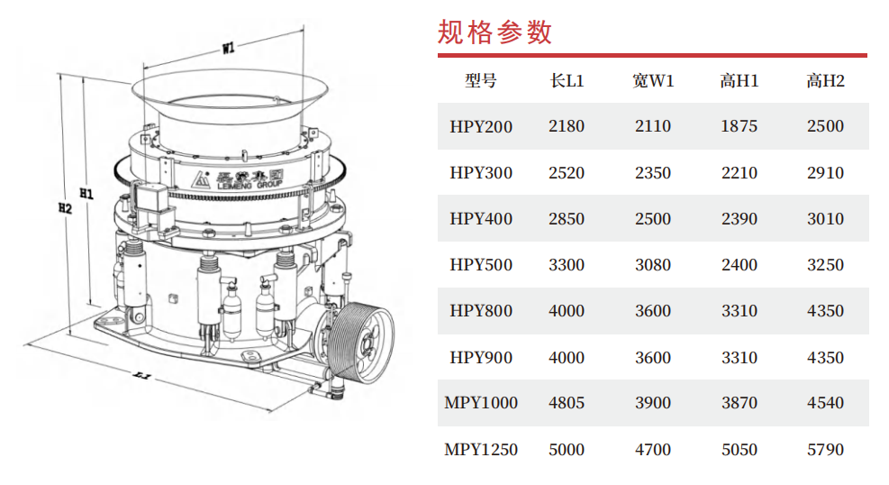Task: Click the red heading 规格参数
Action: [494, 32]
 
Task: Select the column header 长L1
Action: [567, 81]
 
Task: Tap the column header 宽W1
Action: [653, 81]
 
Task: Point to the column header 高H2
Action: [825, 81]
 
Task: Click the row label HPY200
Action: [481, 126]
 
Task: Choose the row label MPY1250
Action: [481, 450]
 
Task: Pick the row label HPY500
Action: [481, 265]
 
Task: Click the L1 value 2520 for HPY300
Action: [567, 173]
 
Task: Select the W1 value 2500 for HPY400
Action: [653, 219]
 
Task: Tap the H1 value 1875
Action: [739, 126]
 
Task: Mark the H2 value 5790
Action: [825, 450]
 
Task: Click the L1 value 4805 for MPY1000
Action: [567, 403]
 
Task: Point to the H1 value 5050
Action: [739, 450]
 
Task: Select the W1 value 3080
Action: [653, 265]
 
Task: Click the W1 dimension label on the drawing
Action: [229, 48]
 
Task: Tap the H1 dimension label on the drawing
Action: [86, 194]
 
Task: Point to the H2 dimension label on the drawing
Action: [65, 208]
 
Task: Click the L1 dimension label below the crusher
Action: [141, 375]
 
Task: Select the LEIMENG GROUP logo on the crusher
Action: [237, 179]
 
